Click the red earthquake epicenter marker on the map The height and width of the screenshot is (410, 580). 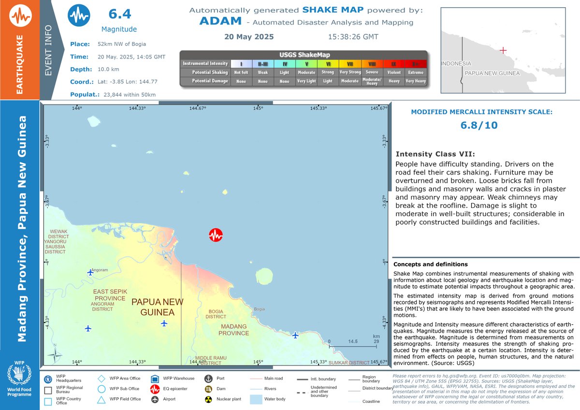216,235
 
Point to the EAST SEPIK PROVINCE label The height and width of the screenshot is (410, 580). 110,295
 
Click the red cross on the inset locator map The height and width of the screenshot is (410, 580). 503,50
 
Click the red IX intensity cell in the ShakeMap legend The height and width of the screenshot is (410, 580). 394,63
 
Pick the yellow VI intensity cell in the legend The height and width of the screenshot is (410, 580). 328,63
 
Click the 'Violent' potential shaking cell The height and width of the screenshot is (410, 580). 394,72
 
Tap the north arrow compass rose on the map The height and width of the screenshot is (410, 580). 56,355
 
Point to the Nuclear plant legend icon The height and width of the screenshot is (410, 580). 208,400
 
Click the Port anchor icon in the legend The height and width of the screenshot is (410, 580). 208,379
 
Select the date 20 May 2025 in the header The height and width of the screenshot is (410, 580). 249,37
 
